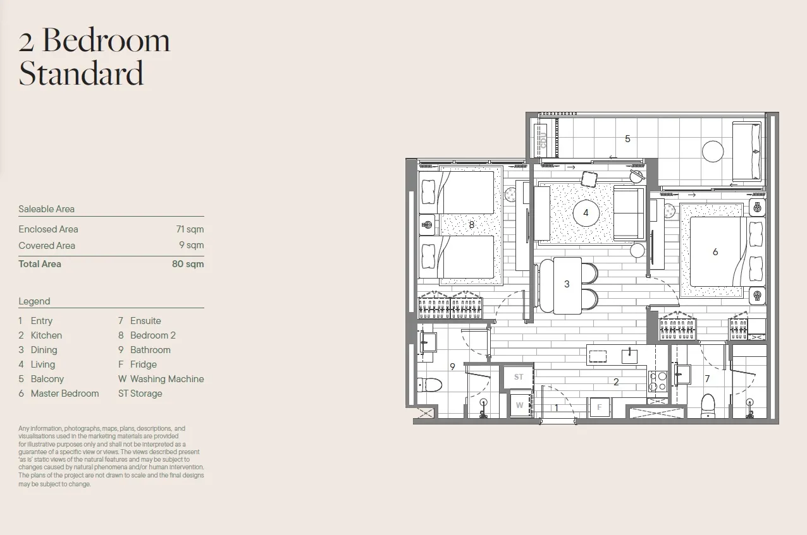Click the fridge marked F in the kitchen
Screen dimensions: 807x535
[x=599, y=407]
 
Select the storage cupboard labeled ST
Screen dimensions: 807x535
[x=519, y=377]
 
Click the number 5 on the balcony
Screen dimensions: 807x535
[x=627, y=139]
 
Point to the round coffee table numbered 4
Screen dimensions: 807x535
[x=586, y=213]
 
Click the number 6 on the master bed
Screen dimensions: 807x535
[x=715, y=252]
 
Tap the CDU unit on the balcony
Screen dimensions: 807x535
[x=541, y=140]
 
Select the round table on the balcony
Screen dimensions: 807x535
[x=713, y=152]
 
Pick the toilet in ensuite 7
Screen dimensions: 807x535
[x=708, y=406]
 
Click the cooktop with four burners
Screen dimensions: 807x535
[x=658, y=382]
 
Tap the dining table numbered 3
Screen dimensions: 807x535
[x=567, y=286]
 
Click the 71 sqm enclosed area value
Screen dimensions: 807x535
[x=190, y=229]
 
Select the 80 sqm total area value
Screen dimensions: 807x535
[x=188, y=264]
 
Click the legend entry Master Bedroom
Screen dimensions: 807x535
[x=65, y=394]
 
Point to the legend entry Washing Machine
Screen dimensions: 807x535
[x=167, y=379]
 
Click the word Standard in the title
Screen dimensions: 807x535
[x=81, y=73]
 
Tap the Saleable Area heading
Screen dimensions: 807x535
[x=46, y=208]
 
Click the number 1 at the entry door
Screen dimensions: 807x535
[x=557, y=407]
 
